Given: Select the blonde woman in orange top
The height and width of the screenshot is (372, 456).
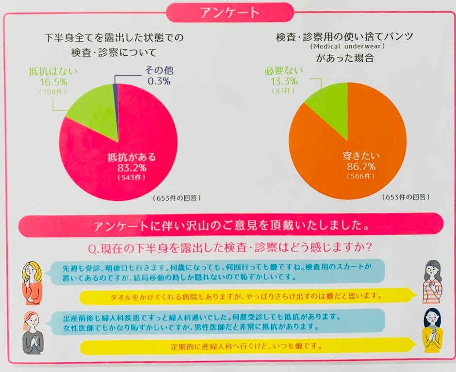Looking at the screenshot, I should (x=32, y=279).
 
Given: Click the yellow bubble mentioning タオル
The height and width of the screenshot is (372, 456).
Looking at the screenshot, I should (x=247, y=295).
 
